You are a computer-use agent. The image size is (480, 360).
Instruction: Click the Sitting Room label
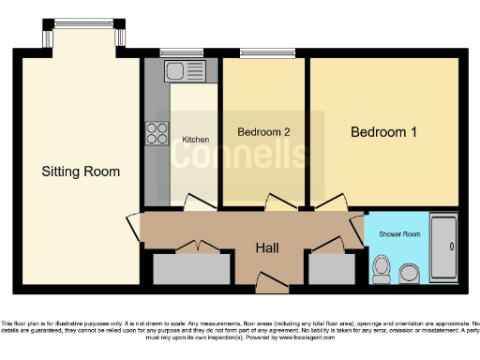click(x=81, y=172)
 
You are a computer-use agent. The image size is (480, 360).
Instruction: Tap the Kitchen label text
click(x=195, y=140)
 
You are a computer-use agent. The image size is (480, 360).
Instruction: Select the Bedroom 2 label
click(x=262, y=132)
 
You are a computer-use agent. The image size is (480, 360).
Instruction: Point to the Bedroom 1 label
click(x=383, y=132)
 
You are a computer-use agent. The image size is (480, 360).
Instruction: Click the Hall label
click(x=269, y=247)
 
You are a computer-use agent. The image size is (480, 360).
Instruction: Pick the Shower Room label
click(x=398, y=232)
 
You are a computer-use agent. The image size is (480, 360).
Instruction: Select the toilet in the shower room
click(x=381, y=269)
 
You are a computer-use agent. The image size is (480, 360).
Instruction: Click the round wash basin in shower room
click(x=410, y=274)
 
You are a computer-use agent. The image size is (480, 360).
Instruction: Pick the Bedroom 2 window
click(x=254, y=53)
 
